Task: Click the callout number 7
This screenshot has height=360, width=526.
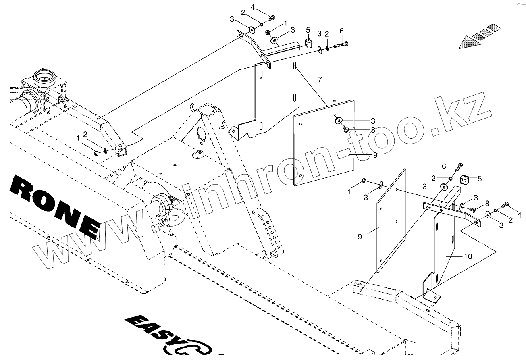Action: point(320,79)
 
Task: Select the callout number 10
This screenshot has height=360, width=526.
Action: point(468,256)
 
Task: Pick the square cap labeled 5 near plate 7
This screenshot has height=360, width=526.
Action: point(308,42)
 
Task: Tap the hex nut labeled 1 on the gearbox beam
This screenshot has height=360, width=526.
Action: point(97,152)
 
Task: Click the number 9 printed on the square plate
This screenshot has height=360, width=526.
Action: point(375,155)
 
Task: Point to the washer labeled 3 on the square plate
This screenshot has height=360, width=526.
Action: point(339,120)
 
